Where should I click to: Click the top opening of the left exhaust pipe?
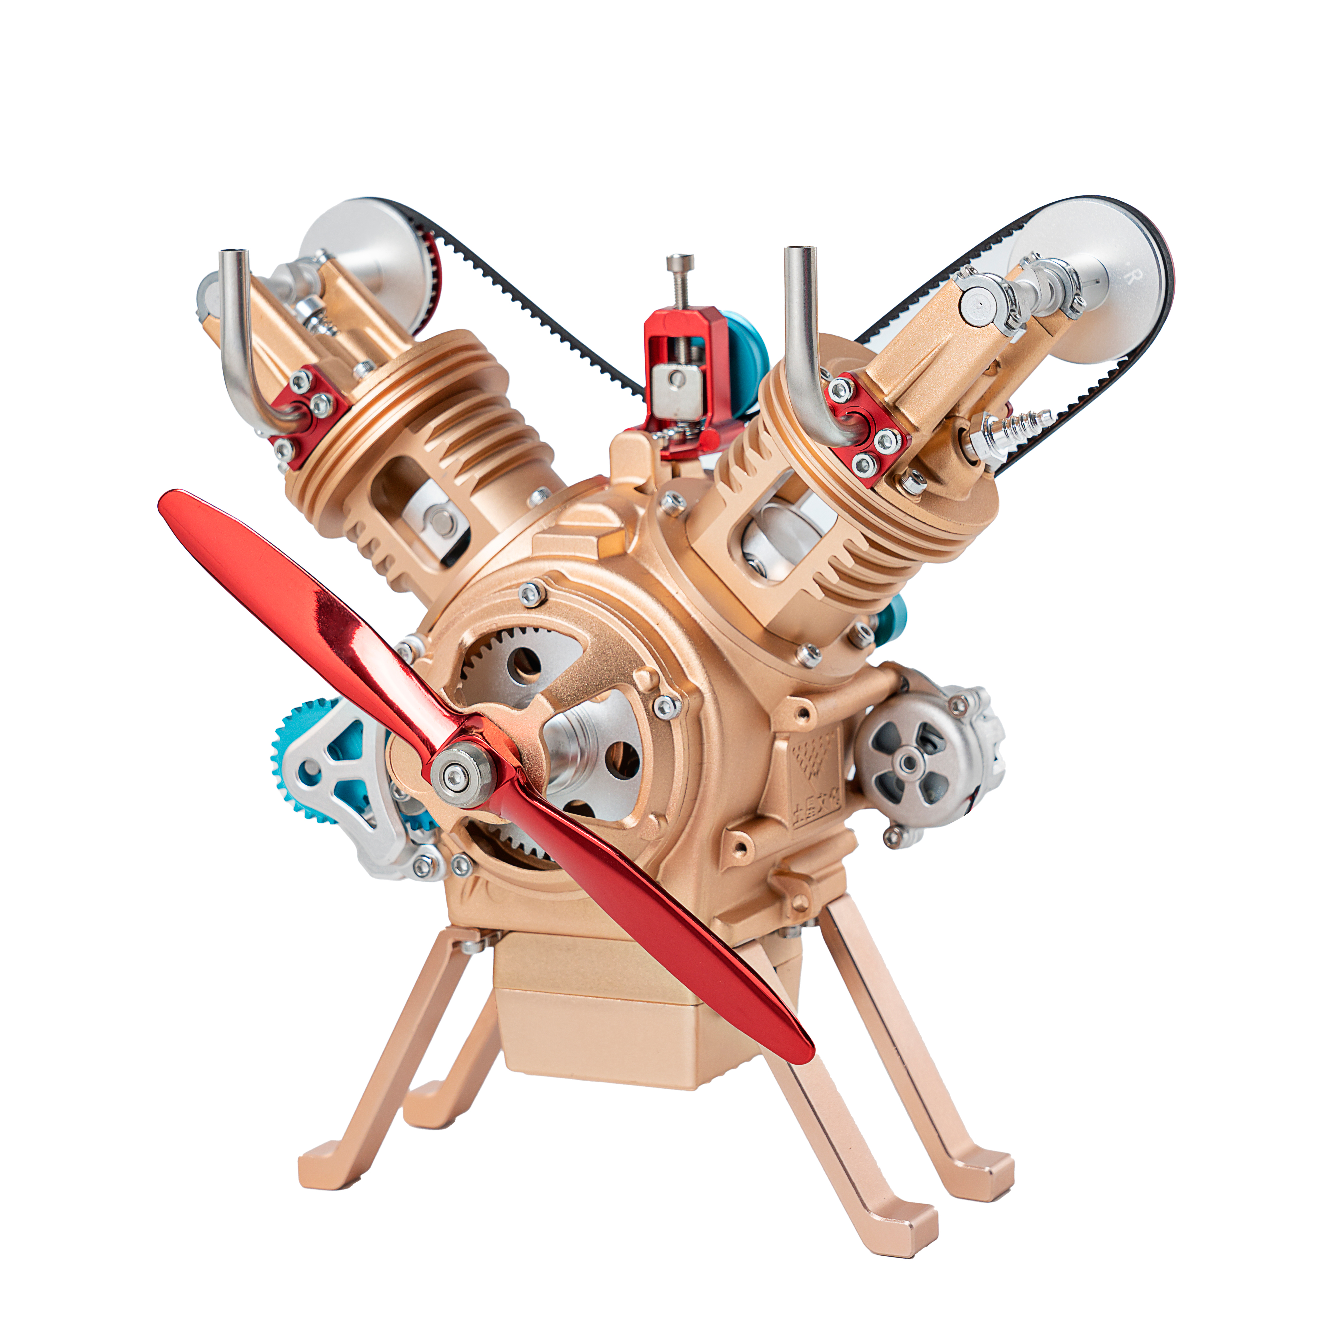pos(232,255)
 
